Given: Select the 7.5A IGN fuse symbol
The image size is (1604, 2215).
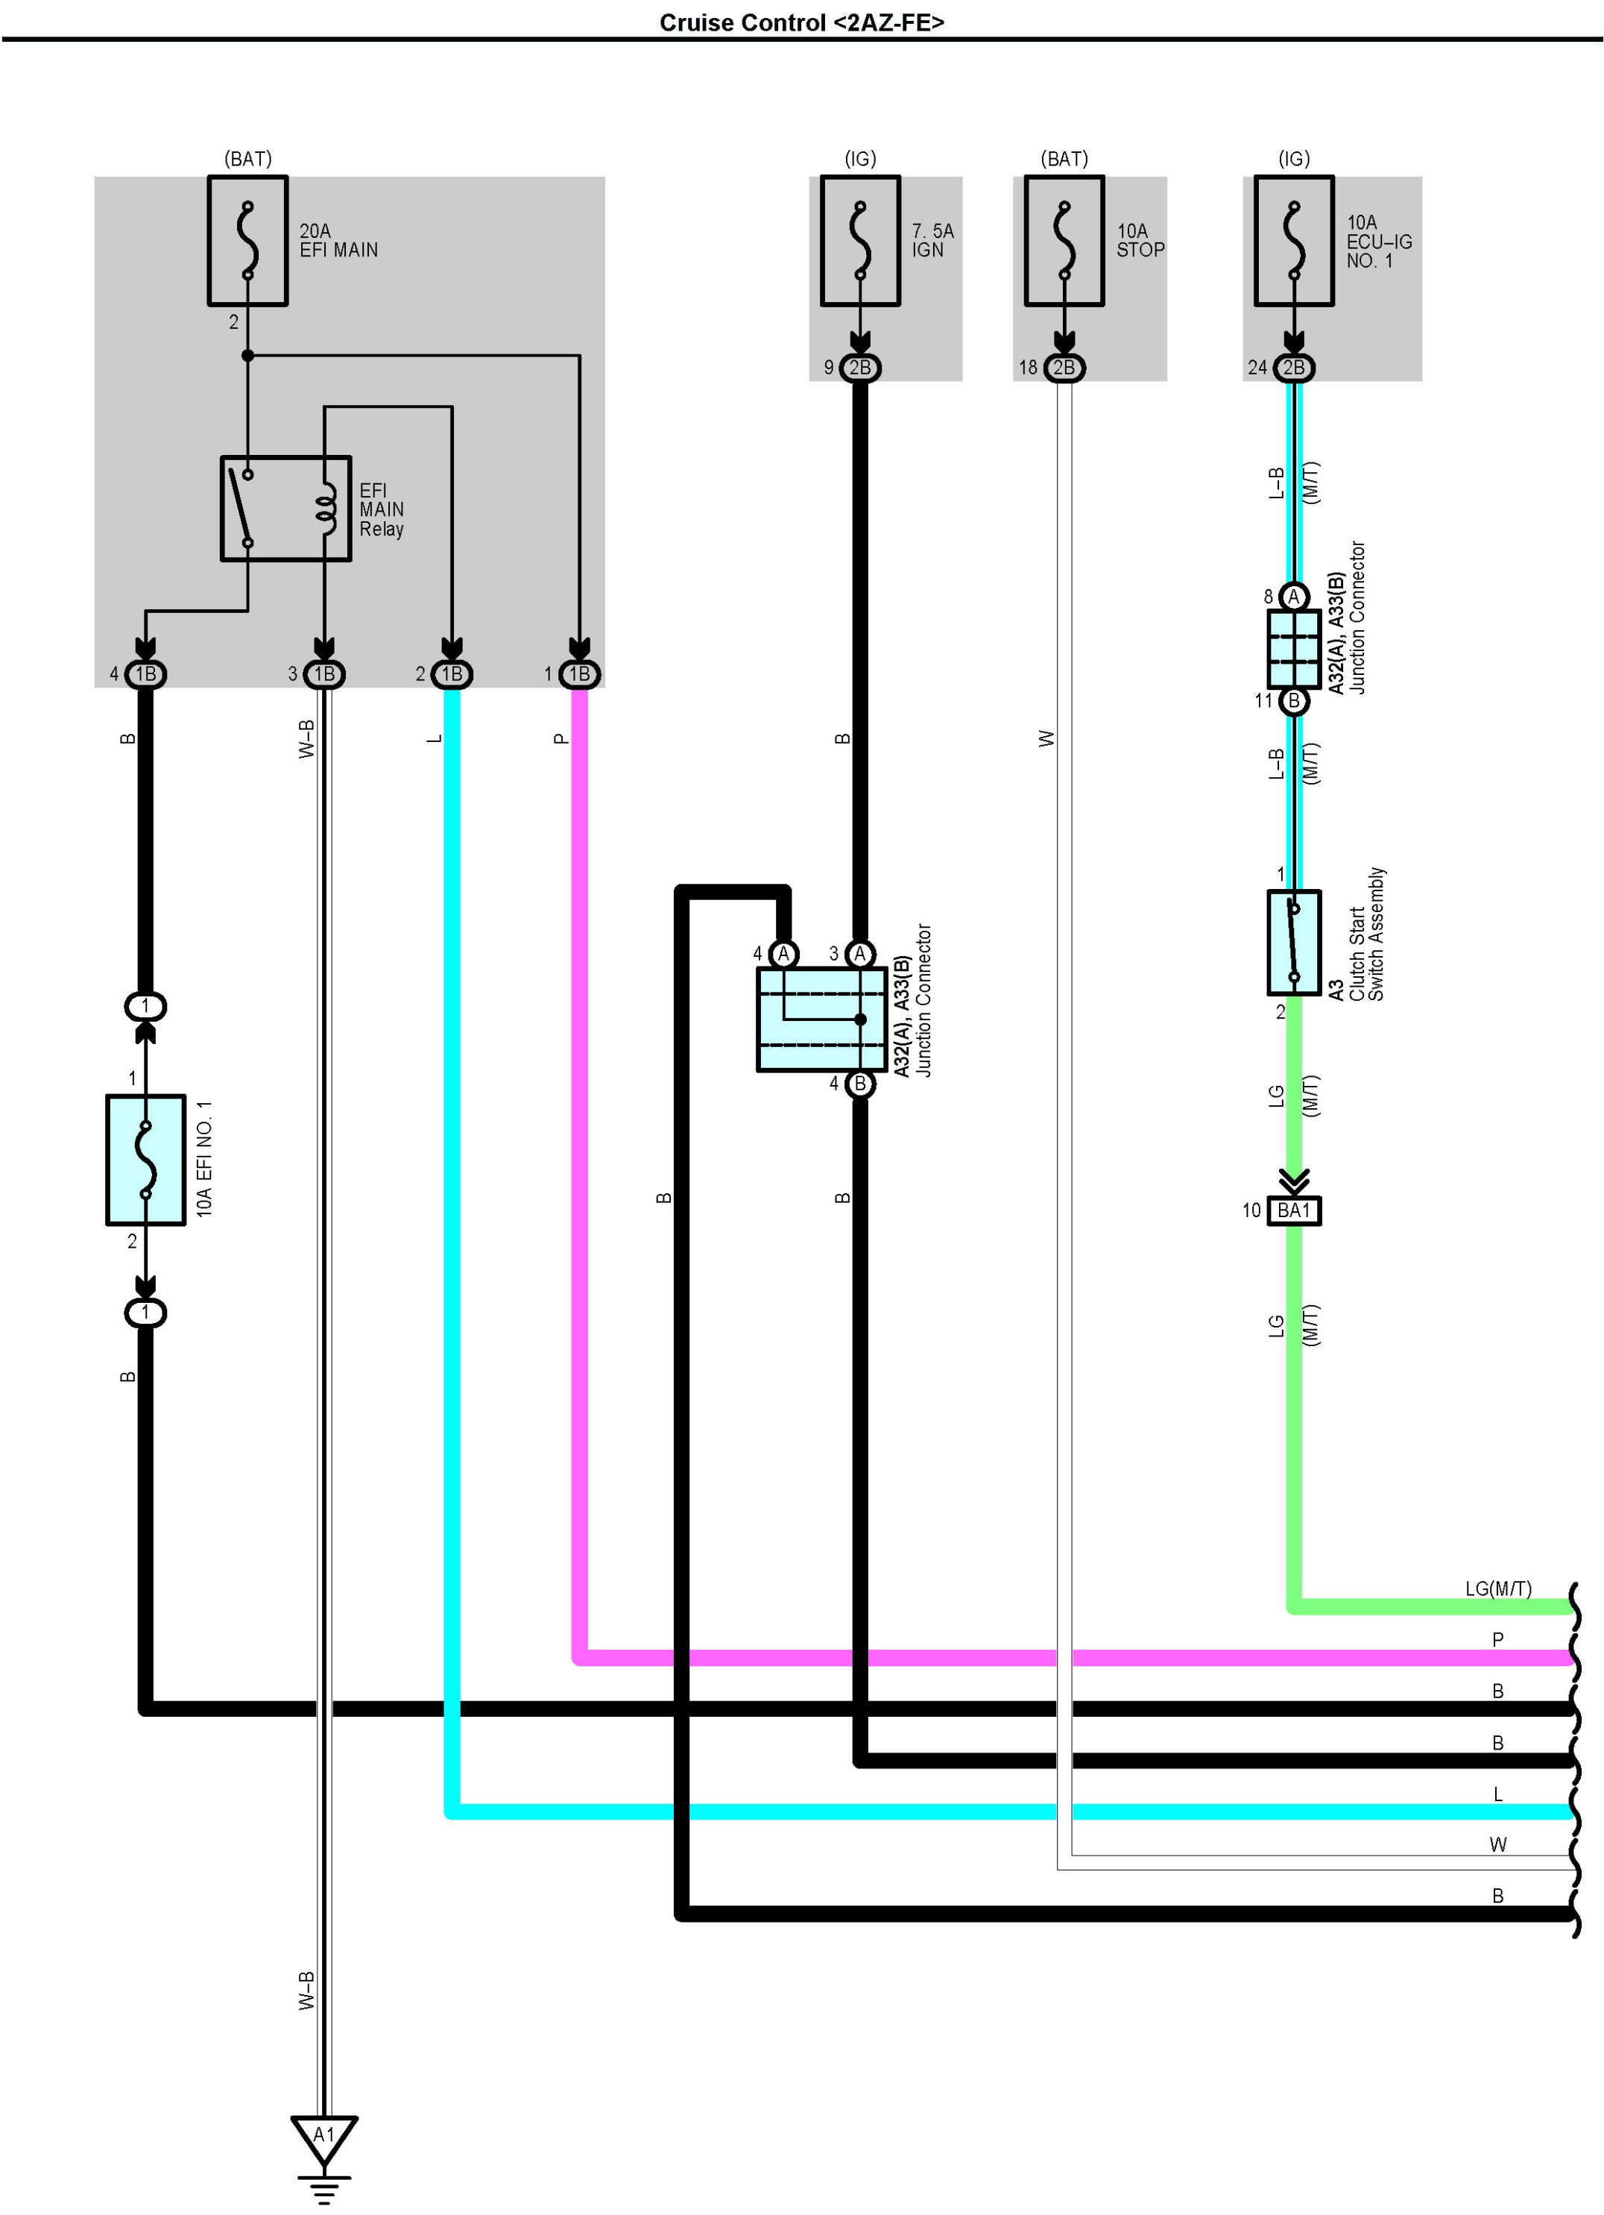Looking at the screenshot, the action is click(x=859, y=240).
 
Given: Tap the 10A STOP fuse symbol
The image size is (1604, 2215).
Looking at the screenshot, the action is click(x=1064, y=240).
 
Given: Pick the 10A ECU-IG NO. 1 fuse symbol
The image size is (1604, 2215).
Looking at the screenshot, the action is click(x=1293, y=240).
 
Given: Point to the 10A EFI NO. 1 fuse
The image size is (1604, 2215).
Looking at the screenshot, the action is click(x=145, y=1159).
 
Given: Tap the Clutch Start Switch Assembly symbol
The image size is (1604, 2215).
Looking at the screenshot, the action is click(x=1293, y=943).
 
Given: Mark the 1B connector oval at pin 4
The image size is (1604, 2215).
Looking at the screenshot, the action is click(x=145, y=674).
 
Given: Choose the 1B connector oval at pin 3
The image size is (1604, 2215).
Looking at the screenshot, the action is click(x=324, y=674).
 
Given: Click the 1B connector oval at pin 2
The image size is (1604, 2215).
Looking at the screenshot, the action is click(x=452, y=674).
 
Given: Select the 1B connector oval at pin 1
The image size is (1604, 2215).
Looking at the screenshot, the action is click(x=580, y=674).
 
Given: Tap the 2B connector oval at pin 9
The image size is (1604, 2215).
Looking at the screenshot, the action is click(x=859, y=367).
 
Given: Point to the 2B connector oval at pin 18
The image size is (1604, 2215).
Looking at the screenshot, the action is click(x=1064, y=367).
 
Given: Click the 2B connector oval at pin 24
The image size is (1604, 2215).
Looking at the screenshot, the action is click(x=1293, y=367).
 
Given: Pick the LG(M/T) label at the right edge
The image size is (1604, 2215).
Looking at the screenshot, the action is click(x=1497, y=1589).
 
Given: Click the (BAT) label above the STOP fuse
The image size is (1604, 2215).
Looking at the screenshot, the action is click(x=1064, y=158).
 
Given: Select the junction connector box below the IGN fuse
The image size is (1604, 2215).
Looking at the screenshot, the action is click(x=822, y=1019).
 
